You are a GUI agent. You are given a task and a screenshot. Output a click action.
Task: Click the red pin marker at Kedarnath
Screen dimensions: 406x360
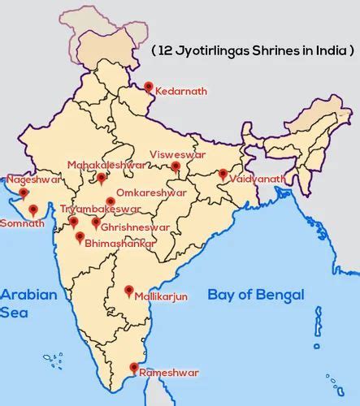[148, 87]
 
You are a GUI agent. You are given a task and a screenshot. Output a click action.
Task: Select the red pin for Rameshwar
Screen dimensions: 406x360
[134, 368]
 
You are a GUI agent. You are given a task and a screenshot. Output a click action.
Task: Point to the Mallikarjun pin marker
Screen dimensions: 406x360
[128, 291]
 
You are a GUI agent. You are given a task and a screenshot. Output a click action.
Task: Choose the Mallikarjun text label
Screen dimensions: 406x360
[161, 297]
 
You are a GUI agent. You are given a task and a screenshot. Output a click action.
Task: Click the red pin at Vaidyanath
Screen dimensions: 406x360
[223, 174]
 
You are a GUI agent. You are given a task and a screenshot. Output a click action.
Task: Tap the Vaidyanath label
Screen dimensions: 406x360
[257, 179]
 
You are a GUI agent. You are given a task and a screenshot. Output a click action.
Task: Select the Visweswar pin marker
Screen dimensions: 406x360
[175, 166]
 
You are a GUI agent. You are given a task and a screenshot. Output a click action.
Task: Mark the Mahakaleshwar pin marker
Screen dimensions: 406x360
[101, 178]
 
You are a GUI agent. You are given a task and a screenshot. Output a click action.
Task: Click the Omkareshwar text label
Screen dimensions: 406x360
[151, 193]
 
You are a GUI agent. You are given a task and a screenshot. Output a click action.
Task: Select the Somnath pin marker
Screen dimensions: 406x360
[33, 209]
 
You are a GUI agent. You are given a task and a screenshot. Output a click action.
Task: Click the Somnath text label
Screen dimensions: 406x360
[23, 223]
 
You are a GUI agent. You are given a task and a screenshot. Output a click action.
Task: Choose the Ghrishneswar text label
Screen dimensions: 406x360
[135, 228]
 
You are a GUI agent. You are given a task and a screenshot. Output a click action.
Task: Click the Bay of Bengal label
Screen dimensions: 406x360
[255, 295]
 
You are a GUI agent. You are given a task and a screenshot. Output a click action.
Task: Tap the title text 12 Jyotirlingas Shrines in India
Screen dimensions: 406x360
[253, 50]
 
